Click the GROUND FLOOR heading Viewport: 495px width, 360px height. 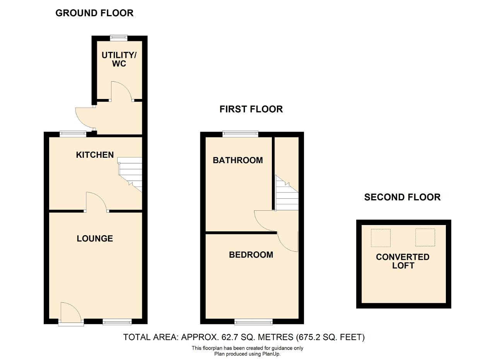point(94,13)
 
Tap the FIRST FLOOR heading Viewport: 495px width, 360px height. point(251,109)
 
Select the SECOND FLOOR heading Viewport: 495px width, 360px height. point(402,197)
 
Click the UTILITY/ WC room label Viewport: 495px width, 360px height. point(119,59)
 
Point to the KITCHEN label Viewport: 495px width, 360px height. point(95,155)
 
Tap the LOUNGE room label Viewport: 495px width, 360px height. point(95,239)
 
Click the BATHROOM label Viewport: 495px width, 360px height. point(238,160)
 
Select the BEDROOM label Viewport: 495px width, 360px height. point(251,255)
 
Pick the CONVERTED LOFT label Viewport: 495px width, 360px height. point(403,261)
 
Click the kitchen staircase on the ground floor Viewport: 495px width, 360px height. point(130,174)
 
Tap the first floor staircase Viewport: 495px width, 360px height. point(287,193)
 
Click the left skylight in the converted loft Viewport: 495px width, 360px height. point(381,238)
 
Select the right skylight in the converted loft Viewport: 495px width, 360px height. point(425,237)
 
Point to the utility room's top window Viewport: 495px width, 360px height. point(119,38)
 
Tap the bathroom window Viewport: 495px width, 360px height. point(241,134)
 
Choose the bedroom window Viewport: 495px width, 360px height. point(253,322)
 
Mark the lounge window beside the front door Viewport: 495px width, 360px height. point(117,322)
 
